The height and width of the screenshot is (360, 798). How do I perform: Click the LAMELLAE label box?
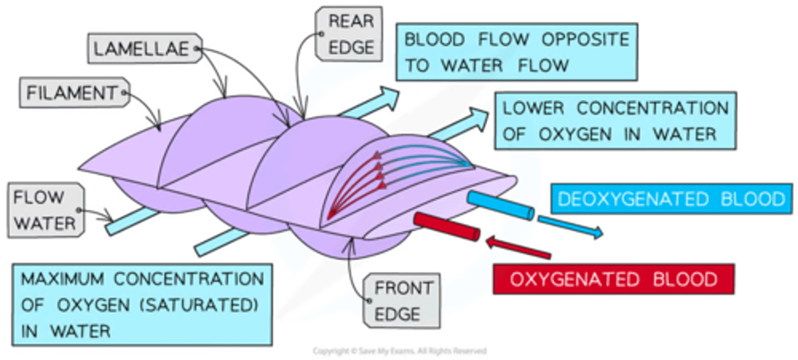[145, 49]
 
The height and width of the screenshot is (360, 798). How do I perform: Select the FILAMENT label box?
[73, 92]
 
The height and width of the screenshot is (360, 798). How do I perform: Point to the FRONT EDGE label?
[403, 301]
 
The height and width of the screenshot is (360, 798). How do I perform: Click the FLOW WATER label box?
[45, 211]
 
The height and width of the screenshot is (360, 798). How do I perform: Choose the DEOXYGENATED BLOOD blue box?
[671, 199]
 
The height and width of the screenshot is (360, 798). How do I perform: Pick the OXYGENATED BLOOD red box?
[613, 279]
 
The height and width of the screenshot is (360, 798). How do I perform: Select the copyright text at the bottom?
[400, 351]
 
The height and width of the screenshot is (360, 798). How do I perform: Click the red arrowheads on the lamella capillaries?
[379, 169]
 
